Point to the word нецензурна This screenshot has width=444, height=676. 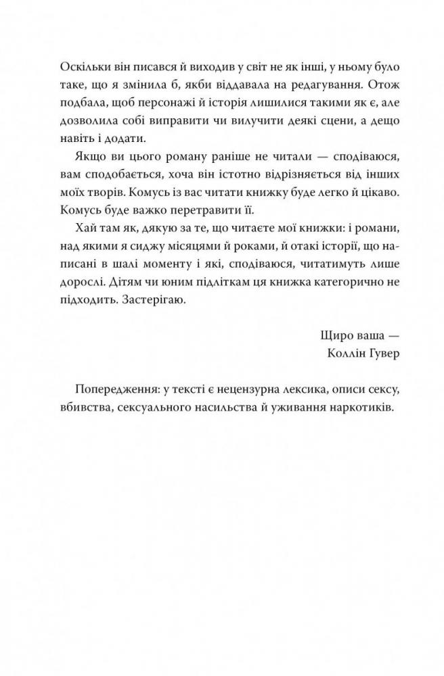coord(234,391)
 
